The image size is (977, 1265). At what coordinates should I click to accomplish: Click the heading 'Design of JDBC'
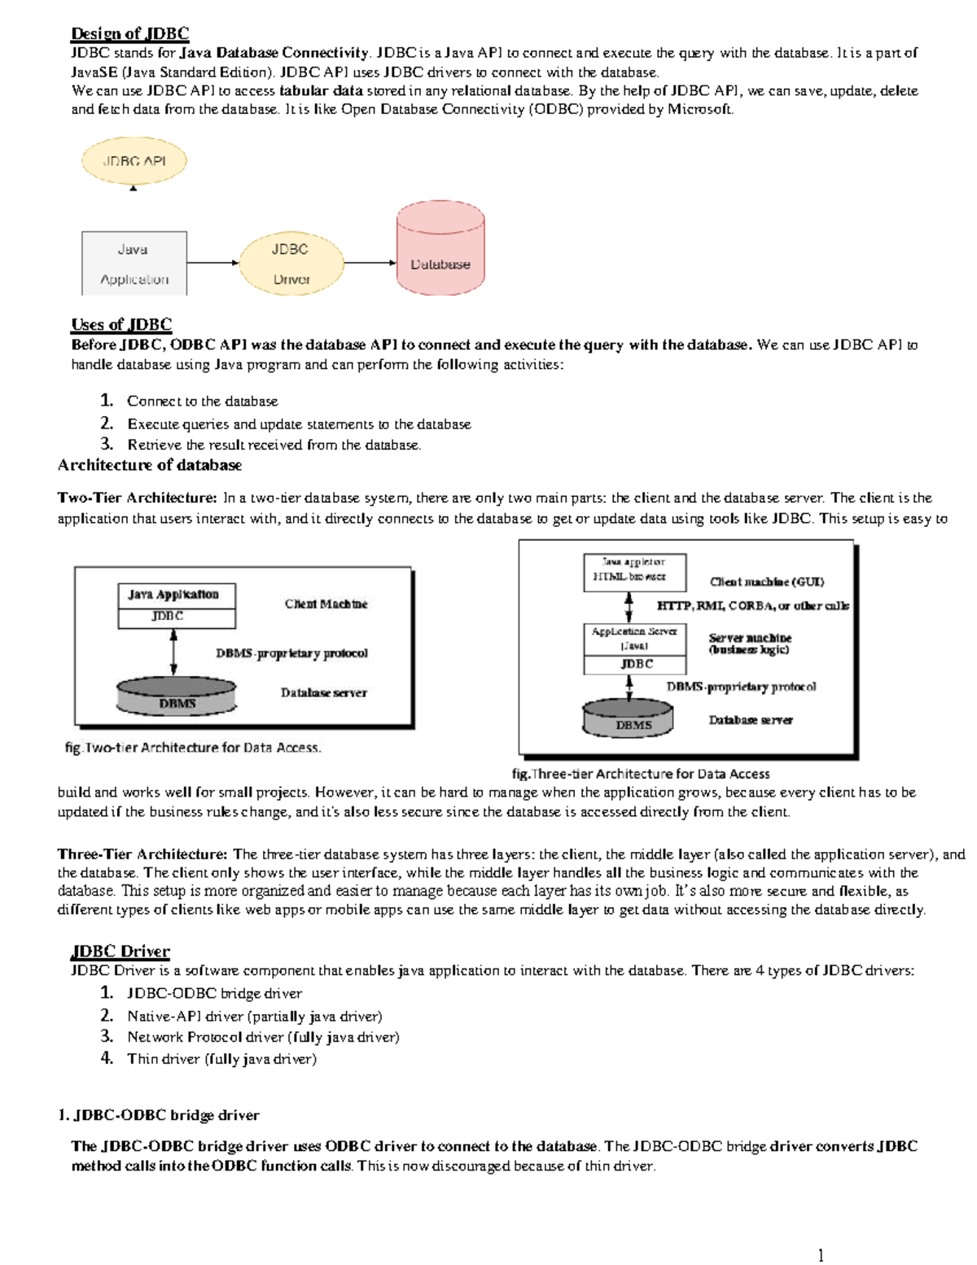pos(129,33)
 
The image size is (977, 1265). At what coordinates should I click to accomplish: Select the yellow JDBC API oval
pos(134,160)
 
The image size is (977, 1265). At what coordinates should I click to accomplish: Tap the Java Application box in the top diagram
pos(134,263)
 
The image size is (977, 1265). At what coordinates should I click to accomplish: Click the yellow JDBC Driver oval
pos(291,263)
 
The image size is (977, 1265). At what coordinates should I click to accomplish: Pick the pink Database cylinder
pos(440,249)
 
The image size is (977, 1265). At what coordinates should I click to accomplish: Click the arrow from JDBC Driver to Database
pos(370,263)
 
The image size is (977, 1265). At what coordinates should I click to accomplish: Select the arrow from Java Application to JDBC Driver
pos(212,263)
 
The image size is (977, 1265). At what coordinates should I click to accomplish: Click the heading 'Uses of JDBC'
pos(121,324)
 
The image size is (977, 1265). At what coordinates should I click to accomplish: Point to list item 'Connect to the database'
pos(202,401)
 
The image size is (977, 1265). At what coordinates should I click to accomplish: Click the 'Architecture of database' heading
pos(150,465)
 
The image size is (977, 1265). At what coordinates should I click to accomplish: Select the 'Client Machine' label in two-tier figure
pos(326,604)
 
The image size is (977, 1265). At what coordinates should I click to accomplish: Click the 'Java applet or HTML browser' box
pos(634,569)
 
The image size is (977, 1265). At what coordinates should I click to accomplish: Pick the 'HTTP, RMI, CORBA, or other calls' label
pos(752,606)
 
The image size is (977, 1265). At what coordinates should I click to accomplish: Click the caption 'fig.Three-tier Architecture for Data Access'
pos(640,774)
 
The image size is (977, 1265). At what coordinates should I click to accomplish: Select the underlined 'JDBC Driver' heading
pos(120,951)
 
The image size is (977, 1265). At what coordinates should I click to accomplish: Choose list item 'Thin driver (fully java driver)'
pos(221,1059)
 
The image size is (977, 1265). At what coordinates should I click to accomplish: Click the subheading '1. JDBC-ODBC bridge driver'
pos(159,1115)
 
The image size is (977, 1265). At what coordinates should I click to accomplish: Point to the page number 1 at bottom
pos(821,1254)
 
